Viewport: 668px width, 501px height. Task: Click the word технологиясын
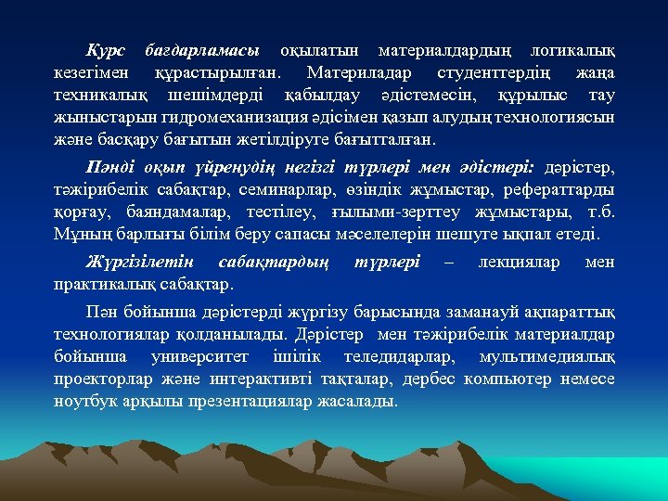tap(554, 119)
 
